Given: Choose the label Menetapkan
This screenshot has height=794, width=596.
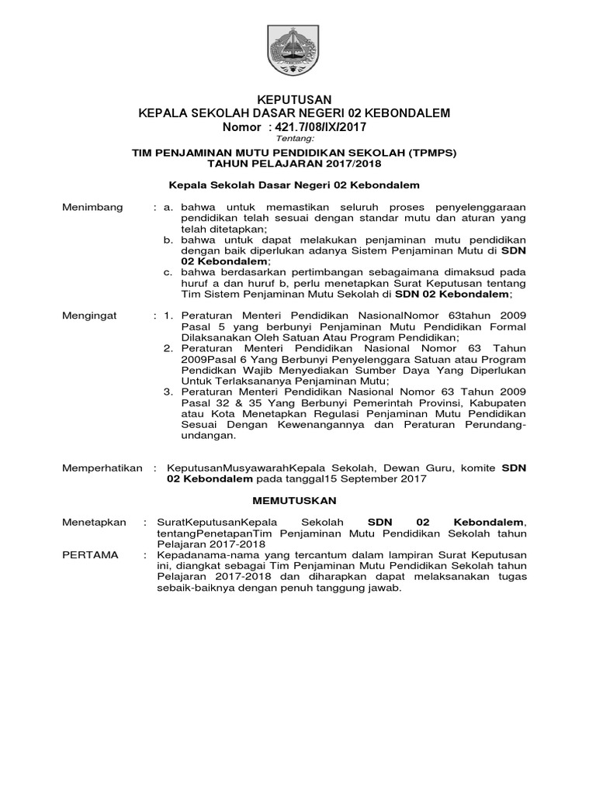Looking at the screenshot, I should [93, 523].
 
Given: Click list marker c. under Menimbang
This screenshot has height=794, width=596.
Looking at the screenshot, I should [168, 273].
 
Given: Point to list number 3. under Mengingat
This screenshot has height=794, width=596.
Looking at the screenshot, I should [168, 392].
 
